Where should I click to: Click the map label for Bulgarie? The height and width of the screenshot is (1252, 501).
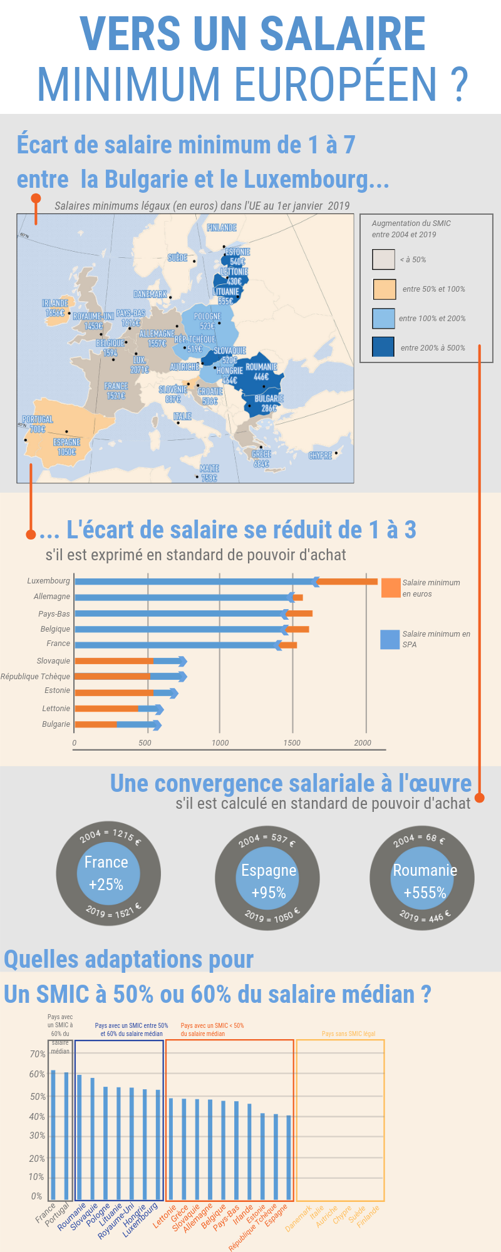(x=269, y=399)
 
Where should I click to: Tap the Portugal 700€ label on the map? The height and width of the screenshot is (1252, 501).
(x=38, y=424)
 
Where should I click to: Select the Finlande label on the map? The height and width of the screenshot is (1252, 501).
(x=222, y=228)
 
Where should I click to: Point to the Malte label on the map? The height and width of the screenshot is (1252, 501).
(x=209, y=473)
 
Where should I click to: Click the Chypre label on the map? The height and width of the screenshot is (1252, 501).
(x=320, y=456)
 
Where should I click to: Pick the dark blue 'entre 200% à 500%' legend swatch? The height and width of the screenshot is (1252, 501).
(x=383, y=347)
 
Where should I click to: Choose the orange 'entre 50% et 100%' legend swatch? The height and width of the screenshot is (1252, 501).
(x=384, y=289)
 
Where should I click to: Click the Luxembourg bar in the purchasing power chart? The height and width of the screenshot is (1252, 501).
(x=225, y=582)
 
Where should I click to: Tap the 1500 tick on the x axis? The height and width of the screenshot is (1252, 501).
(x=292, y=743)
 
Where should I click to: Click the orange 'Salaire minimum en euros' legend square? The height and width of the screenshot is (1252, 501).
(x=391, y=588)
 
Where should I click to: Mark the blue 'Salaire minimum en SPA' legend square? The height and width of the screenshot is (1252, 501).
(x=390, y=639)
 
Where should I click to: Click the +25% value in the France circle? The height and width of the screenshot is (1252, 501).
(x=106, y=885)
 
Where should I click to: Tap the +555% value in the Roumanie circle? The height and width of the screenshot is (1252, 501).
(x=425, y=893)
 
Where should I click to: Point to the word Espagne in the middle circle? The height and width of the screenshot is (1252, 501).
(x=269, y=871)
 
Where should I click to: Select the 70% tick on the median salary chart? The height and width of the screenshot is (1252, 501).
(x=38, y=1054)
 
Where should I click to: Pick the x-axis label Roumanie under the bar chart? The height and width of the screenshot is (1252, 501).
(x=71, y=1218)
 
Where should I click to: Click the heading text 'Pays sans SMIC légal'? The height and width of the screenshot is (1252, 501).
(x=348, y=1034)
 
